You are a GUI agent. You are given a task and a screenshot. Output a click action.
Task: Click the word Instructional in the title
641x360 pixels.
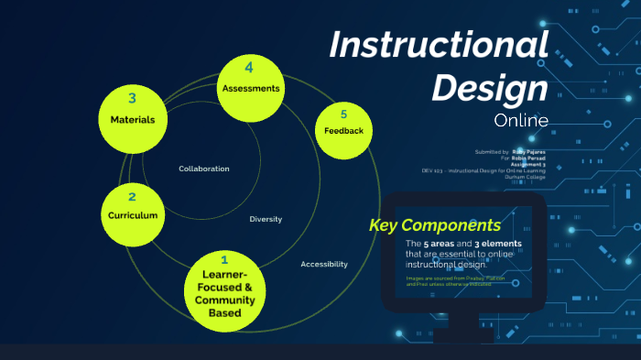pos(439,45)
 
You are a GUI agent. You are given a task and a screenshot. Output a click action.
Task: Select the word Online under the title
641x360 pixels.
pos(520,120)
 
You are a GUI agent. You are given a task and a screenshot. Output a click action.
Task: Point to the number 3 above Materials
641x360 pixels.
pos(133,98)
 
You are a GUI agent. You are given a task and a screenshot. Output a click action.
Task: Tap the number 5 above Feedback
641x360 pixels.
pos(343,115)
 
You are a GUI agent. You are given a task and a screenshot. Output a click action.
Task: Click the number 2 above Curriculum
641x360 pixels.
pos(132,196)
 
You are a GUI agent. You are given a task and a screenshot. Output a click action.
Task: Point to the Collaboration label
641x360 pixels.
pos(204,169)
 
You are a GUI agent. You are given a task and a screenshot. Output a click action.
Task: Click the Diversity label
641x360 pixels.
pos(266,219)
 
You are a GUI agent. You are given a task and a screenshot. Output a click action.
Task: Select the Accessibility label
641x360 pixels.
pos(324,264)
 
